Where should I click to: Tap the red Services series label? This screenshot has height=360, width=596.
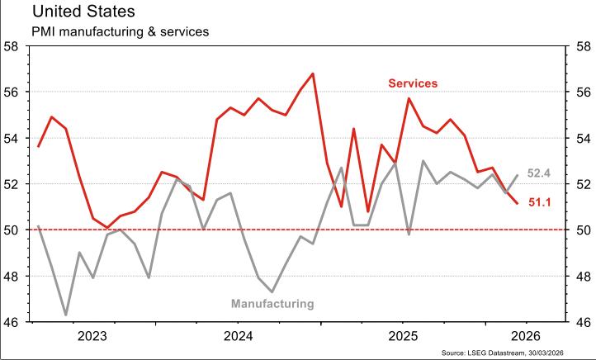click(x=413, y=83)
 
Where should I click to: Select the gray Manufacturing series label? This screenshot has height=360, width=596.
click(x=273, y=304)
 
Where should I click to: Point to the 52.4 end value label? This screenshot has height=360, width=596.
click(x=539, y=173)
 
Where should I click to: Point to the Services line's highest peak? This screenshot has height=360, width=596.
click(x=313, y=73)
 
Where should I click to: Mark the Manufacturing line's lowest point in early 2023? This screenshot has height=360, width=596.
click(x=66, y=315)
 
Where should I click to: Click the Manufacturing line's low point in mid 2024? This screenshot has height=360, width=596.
click(x=272, y=291)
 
